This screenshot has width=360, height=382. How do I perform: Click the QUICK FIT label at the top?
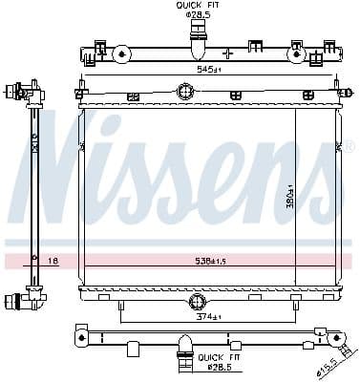pyautogui.click(x=197, y=6)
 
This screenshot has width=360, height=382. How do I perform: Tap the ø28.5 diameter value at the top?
pyautogui.click(x=197, y=15)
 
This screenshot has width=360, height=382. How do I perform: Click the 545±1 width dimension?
pyautogui.click(x=196, y=69)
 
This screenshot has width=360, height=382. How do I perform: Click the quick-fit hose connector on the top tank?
pyautogui.click(x=197, y=44)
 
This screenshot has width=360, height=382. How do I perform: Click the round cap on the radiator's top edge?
pyautogui.click(x=186, y=93)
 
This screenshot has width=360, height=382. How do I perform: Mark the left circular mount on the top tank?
pyautogui.click(x=122, y=54)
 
